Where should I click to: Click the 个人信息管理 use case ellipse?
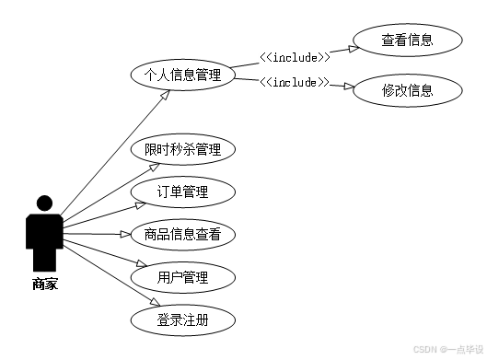coord(182,75)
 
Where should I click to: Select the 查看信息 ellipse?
coord(407,41)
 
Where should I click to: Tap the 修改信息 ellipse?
coord(407,91)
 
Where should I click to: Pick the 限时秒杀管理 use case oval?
coord(182,150)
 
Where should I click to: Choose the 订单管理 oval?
coord(182,192)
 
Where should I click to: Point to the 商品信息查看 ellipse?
coord(182,235)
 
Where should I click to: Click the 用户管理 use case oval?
coord(182,277)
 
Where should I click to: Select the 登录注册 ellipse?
coord(182,320)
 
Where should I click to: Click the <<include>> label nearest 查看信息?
coord(295,58)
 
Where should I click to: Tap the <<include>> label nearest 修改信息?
coord(295,83)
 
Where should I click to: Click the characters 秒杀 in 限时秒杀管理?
coord(182,150)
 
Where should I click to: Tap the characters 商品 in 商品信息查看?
coord(156,235)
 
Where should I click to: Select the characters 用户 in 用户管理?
coord(169,277)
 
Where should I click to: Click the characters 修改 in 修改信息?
coord(394,91)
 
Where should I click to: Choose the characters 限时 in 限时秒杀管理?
coord(156,150)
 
